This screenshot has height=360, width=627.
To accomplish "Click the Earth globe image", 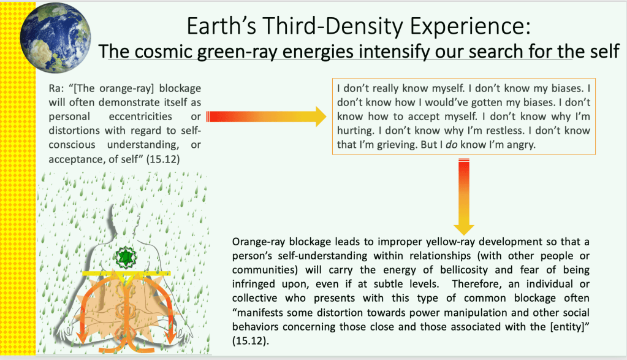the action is coord(56,37).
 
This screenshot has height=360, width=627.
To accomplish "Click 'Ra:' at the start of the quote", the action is coord(56,88).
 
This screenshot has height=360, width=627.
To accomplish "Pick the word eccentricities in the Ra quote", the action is coord(140,117).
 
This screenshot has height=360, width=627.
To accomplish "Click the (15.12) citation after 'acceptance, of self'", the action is coord(163,159).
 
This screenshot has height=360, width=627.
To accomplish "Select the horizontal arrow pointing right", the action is coord(267,117).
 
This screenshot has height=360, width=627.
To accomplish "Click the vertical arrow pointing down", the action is coord(464,197).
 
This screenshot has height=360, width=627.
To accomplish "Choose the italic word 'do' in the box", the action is coord(452,145).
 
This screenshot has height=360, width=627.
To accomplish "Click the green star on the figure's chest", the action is coord(126,257).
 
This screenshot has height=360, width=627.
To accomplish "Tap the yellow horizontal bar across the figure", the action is coord(126,274).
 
